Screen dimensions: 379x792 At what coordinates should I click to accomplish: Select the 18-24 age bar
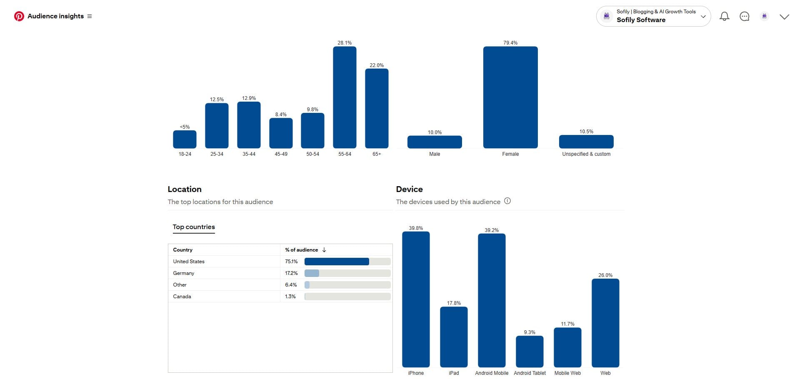185,139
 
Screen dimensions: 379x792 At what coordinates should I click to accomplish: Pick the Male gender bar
435,142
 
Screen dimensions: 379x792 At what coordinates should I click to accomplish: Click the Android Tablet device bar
530,352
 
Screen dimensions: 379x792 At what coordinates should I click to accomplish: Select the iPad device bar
454,337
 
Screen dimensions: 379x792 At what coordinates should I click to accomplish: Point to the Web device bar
605,323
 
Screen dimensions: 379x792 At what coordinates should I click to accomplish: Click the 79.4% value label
510,43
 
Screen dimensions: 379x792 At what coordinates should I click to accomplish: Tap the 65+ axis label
377,154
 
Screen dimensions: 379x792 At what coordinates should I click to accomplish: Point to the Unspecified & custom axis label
586,154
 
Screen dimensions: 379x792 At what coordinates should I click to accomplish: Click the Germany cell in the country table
184,273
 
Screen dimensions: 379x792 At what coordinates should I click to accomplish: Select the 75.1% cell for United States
291,262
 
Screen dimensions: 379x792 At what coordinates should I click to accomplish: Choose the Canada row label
182,297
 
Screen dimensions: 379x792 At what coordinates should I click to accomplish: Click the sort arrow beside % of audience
324,250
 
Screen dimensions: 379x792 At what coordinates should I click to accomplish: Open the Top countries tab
194,227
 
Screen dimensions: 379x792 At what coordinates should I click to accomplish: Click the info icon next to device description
507,201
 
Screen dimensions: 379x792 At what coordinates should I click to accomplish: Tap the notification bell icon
725,16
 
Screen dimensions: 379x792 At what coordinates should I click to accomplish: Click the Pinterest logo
19,16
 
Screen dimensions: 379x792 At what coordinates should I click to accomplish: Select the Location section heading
185,189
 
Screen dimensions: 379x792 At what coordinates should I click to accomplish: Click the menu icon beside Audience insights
90,16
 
